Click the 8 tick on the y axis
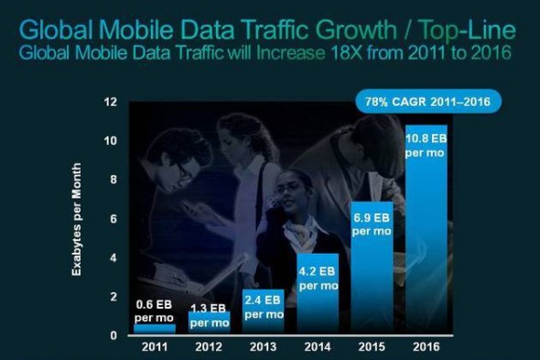point(113,180)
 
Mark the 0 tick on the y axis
point(113,335)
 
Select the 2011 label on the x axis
point(154,348)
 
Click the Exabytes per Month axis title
point(81,219)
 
